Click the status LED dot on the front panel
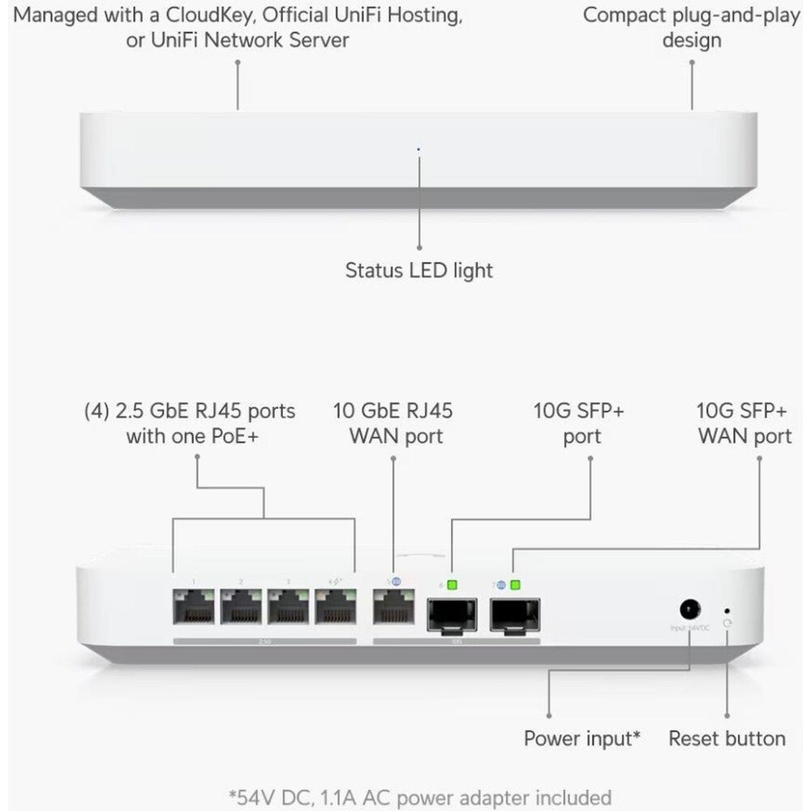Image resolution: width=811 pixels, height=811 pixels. (x=418, y=149)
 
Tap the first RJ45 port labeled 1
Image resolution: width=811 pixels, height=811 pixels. (x=194, y=607)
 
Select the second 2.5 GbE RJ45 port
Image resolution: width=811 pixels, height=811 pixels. (x=242, y=607)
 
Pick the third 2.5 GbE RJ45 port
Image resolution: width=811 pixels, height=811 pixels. (x=290, y=607)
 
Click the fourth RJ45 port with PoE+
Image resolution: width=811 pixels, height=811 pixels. (x=337, y=607)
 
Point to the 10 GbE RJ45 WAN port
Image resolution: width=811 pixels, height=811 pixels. (x=393, y=607)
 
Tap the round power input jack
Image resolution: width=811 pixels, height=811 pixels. (x=689, y=608)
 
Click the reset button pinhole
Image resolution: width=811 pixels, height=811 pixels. (x=727, y=610)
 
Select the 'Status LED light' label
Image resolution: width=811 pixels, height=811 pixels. (x=418, y=270)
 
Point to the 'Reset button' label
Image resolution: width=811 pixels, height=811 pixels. (x=727, y=739)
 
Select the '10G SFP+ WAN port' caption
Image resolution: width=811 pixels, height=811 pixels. (x=744, y=423)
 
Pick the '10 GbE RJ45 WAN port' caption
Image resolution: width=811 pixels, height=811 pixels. (x=394, y=423)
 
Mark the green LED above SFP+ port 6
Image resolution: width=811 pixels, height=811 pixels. (x=451, y=583)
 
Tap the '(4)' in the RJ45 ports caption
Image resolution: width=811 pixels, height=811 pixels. (x=98, y=410)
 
